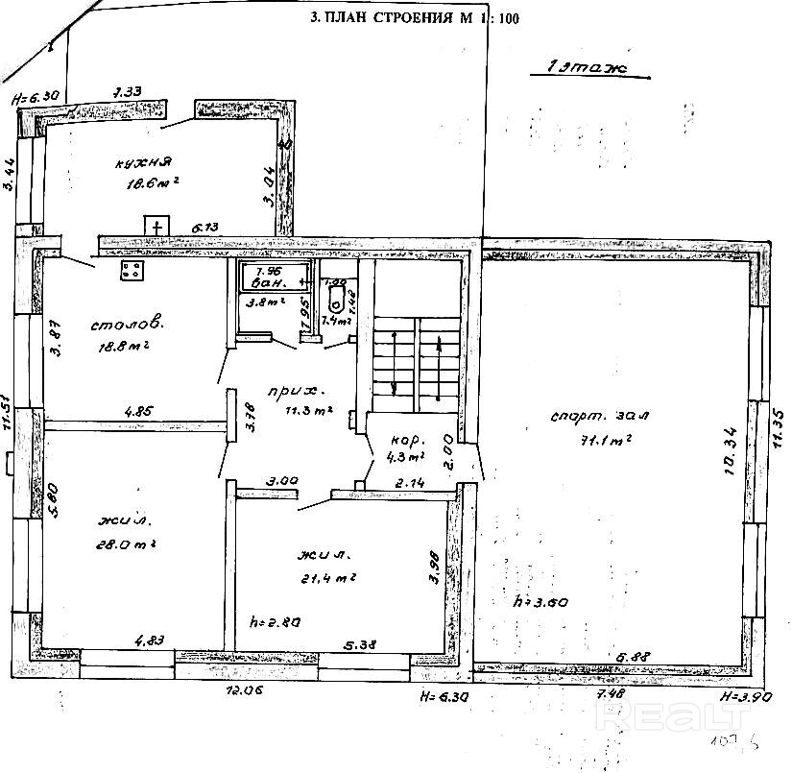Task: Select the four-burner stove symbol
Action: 132,270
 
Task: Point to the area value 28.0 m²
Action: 128,543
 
